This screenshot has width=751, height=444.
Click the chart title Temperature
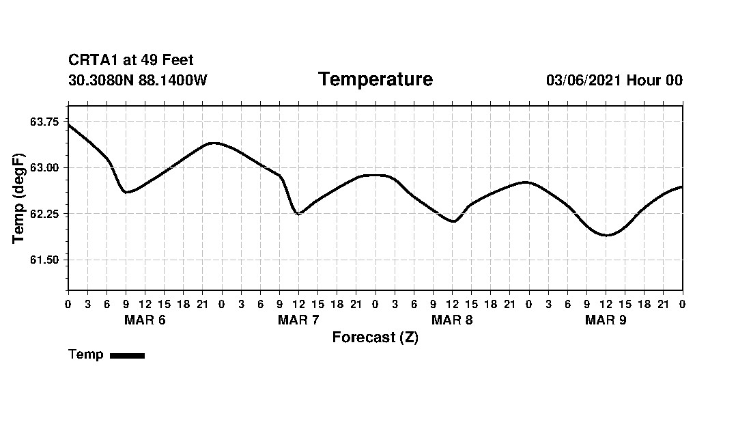point(375,80)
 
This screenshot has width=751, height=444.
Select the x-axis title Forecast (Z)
point(375,337)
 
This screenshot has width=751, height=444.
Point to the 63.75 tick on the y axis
point(44,122)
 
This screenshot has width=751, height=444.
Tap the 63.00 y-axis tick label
point(44,168)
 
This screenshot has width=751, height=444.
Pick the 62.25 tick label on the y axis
point(44,214)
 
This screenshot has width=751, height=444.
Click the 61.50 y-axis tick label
point(44,260)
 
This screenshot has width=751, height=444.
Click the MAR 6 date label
point(145,320)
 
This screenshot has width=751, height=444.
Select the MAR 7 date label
point(298,320)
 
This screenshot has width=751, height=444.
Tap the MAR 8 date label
point(452,320)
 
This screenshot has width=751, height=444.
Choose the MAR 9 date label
point(606,320)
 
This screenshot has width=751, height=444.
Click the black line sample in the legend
point(127,355)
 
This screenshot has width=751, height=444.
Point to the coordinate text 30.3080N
point(101,81)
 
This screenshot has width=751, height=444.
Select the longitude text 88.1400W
point(173,81)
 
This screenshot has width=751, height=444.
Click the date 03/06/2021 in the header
point(584,81)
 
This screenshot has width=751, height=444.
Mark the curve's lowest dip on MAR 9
point(606,235)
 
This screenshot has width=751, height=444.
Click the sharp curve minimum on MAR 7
point(298,214)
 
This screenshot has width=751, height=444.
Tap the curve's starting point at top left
point(68,124)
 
